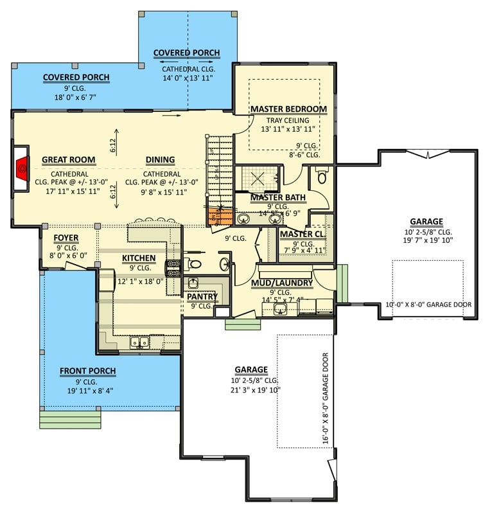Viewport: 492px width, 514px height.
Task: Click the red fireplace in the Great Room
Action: [22, 168]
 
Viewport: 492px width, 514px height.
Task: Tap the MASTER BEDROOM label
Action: [288, 109]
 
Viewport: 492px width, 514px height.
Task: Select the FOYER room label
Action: [66, 238]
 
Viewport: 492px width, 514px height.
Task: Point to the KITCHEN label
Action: [139, 258]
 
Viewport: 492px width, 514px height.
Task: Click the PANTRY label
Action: [202, 297]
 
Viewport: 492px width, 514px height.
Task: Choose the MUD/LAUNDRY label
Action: [282, 283]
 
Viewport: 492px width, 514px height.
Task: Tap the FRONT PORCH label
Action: [88, 371]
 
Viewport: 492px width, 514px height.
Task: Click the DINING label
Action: [160, 160]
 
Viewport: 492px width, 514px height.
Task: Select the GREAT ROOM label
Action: [68, 160]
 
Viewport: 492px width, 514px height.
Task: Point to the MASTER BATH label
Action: [278, 197]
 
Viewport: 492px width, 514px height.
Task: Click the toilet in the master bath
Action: [322, 175]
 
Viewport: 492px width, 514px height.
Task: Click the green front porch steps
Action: [71, 420]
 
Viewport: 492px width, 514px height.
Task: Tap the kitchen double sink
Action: [139, 342]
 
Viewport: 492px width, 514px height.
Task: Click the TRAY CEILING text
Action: [288, 120]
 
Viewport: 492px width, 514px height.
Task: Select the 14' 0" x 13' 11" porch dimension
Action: [187, 78]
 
